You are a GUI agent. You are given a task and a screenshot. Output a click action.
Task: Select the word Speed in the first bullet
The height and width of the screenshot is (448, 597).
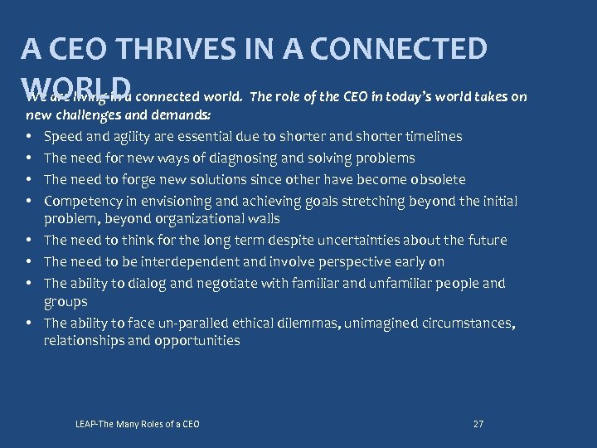click(x=63, y=136)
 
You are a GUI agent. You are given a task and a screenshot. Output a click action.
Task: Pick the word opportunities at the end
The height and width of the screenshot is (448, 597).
click(x=197, y=341)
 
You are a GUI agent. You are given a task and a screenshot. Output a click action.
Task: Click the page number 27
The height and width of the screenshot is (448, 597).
click(x=478, y=424)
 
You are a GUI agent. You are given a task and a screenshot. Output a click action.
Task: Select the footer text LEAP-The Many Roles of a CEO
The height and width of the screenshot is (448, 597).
click(x=137, y=424)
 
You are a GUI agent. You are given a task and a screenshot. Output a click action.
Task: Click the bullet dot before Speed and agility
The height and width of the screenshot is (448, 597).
click(x=29, y=136)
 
